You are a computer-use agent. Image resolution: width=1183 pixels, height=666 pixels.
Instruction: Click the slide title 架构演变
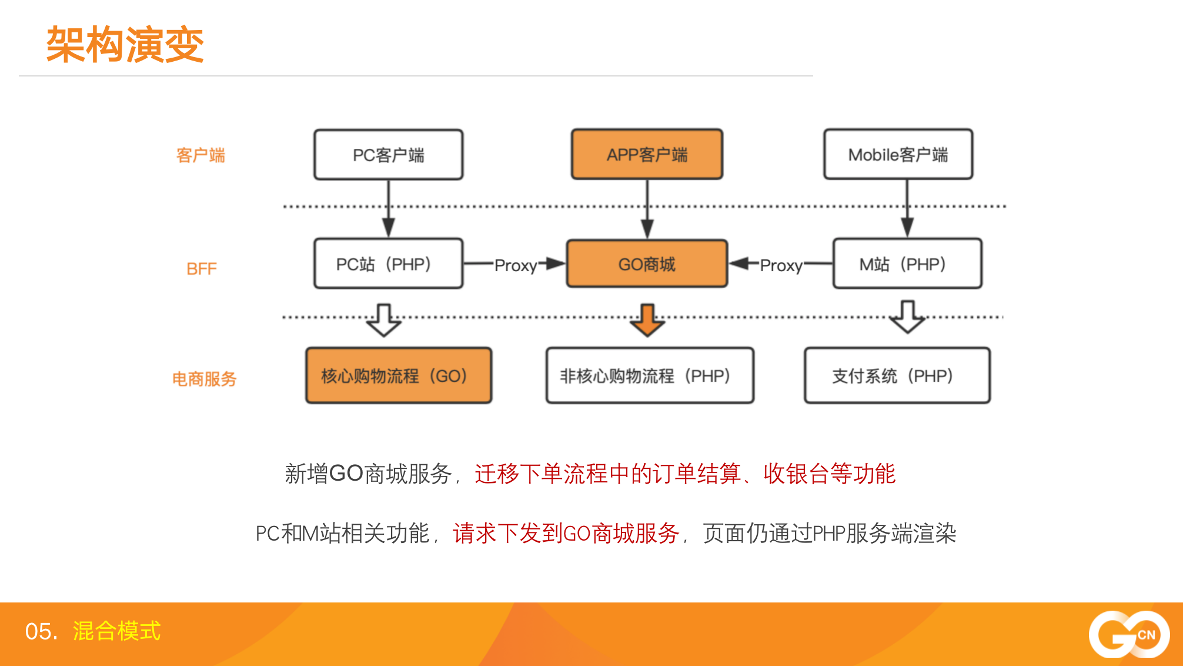125,45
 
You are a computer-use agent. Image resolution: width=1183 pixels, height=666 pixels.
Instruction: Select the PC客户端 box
389,155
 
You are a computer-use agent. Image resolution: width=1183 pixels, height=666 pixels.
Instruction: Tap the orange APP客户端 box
647,154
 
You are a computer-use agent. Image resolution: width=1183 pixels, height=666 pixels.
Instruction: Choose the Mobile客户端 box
898,154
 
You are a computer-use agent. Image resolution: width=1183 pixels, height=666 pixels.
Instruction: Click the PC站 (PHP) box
389,264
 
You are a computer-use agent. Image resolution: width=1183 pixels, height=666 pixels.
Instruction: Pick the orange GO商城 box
647,264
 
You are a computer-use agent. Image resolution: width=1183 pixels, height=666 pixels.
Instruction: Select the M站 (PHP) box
907,264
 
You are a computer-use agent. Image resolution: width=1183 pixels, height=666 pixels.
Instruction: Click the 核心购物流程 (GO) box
399,375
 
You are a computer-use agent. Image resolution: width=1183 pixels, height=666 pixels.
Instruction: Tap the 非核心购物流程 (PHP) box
650,375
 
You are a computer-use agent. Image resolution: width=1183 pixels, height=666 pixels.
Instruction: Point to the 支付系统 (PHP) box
897,375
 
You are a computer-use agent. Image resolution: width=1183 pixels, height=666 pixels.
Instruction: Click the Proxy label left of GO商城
516,265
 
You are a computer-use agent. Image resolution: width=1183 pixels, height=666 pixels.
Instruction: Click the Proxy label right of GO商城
781,265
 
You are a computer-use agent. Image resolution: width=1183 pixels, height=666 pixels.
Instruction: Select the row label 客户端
200,155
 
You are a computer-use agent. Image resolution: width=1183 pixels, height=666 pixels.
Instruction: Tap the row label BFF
201,269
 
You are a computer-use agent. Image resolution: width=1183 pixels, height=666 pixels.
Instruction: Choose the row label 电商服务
204,379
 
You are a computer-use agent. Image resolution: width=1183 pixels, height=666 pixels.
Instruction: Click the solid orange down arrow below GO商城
647,320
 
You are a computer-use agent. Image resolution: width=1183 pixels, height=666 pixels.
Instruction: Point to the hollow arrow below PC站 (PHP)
384,320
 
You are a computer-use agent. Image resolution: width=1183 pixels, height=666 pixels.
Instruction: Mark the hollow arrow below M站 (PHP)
907,317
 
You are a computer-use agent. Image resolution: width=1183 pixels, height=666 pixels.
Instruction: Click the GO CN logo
1129,634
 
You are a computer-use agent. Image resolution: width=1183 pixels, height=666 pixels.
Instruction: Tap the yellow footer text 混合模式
116,631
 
